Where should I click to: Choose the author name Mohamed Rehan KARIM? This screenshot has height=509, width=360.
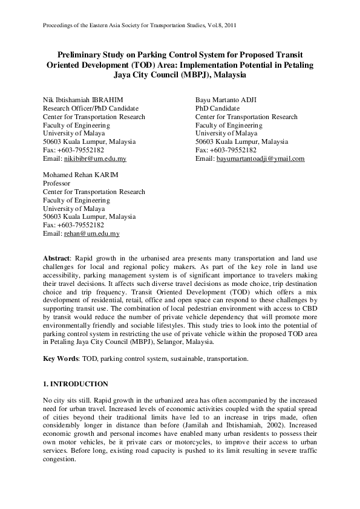(x=80, y=175)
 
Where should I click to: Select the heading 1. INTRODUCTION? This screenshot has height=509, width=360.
(x=76, y=384)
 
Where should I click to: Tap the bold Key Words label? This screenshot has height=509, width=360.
(x=59, y=358)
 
